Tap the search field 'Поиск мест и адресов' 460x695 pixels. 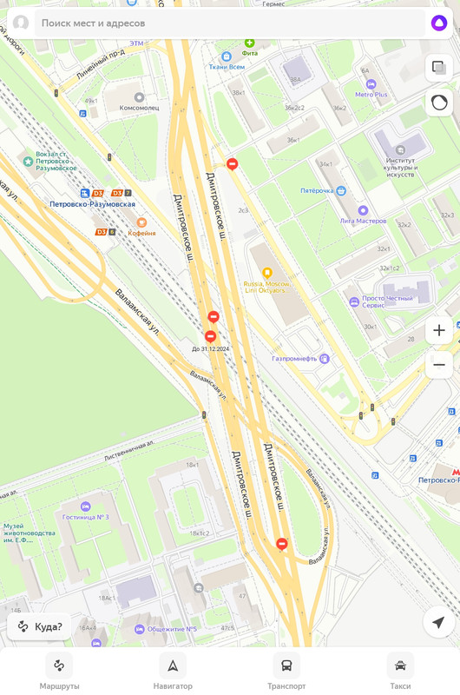click(217, 23)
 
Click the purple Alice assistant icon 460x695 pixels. click(439, 23)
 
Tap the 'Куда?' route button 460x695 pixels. click(40, 626)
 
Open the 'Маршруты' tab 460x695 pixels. click(59, 672)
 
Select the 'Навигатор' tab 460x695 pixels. click(173, 672)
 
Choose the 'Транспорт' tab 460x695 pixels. click(286, 672)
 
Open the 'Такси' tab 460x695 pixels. click(400, 672)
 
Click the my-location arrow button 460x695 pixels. click(438, 622)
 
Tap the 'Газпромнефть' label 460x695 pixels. click(295, 359)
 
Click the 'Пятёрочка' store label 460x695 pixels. click(318, 191)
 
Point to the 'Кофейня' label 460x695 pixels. click(141, 232)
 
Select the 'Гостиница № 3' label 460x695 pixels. click(85, 517)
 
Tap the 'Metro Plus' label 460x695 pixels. click(371, 95)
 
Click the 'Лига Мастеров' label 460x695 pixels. click(363, 221)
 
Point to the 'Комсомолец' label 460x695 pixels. click(139, 107)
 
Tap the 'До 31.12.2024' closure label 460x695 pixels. click(210, 348)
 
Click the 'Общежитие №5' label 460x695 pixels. click(172, 629)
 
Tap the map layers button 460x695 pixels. click(439, 67)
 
